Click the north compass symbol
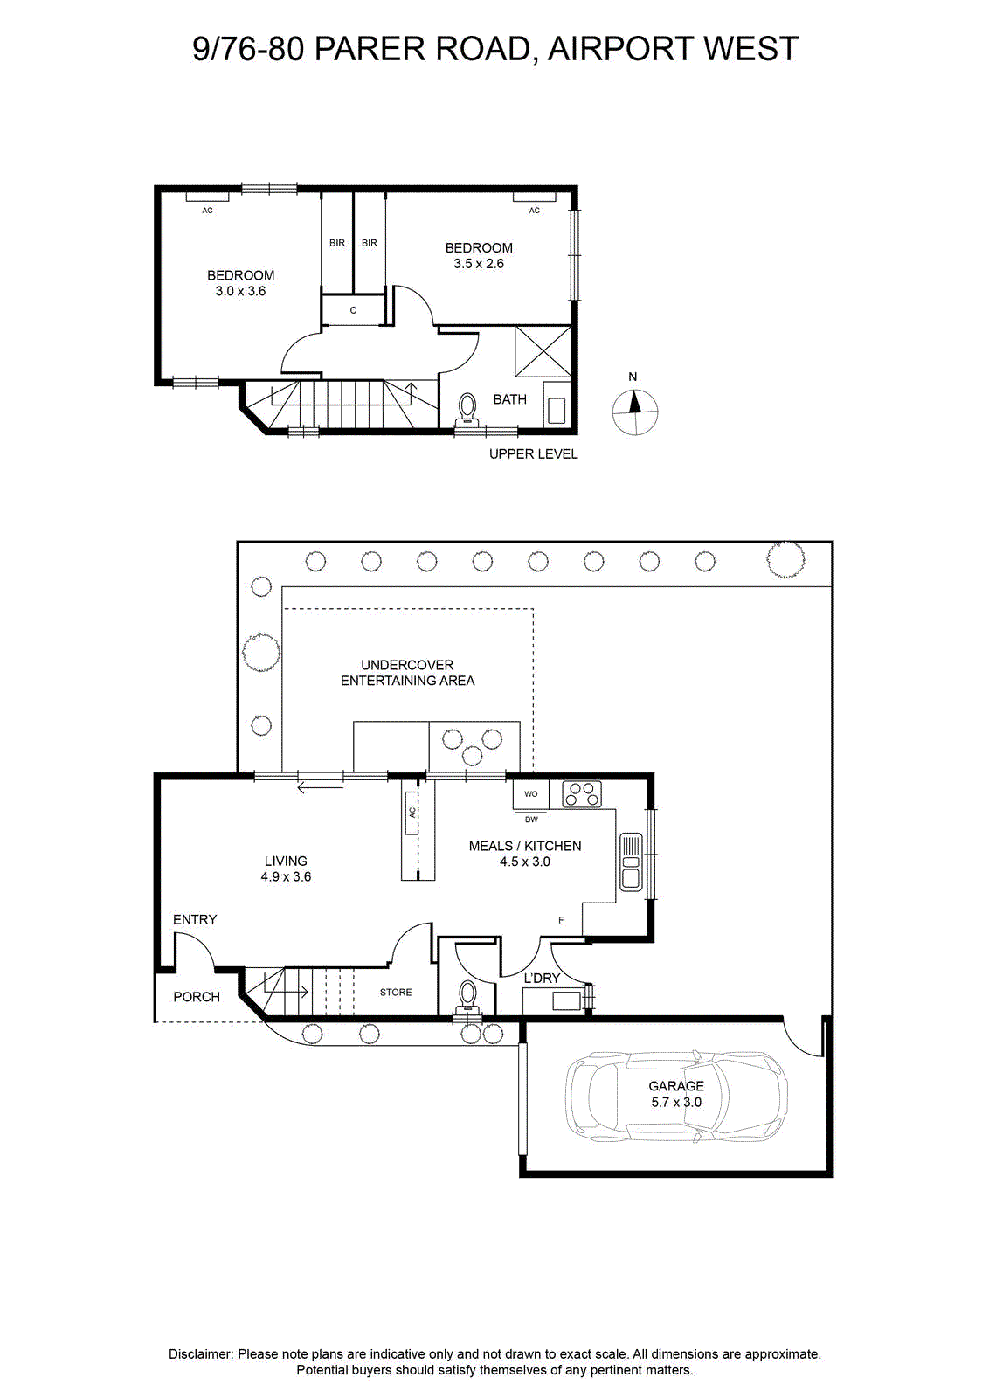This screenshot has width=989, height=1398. [x=634, y=412]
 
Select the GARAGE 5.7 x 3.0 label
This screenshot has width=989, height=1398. [x=675, y=1094]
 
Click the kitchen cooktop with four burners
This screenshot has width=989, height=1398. [x=582, y=794]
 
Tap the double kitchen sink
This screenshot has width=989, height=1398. [x=632, y=862]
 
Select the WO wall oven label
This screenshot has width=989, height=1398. [x=530, y=794]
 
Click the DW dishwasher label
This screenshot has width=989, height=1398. [x=531, y=820]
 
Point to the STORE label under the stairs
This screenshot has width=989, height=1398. [x=396, y=993]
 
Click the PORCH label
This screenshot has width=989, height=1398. [x=197, y=997]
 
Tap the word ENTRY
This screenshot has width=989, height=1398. [x=195, y=919]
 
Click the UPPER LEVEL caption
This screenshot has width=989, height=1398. [x=534, y=454]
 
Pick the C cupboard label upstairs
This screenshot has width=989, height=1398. [x=353, y=310]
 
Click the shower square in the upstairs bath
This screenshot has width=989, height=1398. [x=543, y=351]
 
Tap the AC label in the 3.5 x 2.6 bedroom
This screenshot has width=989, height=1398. [x=534, y=211]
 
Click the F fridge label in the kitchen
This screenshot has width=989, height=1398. [x=561, y=920]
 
